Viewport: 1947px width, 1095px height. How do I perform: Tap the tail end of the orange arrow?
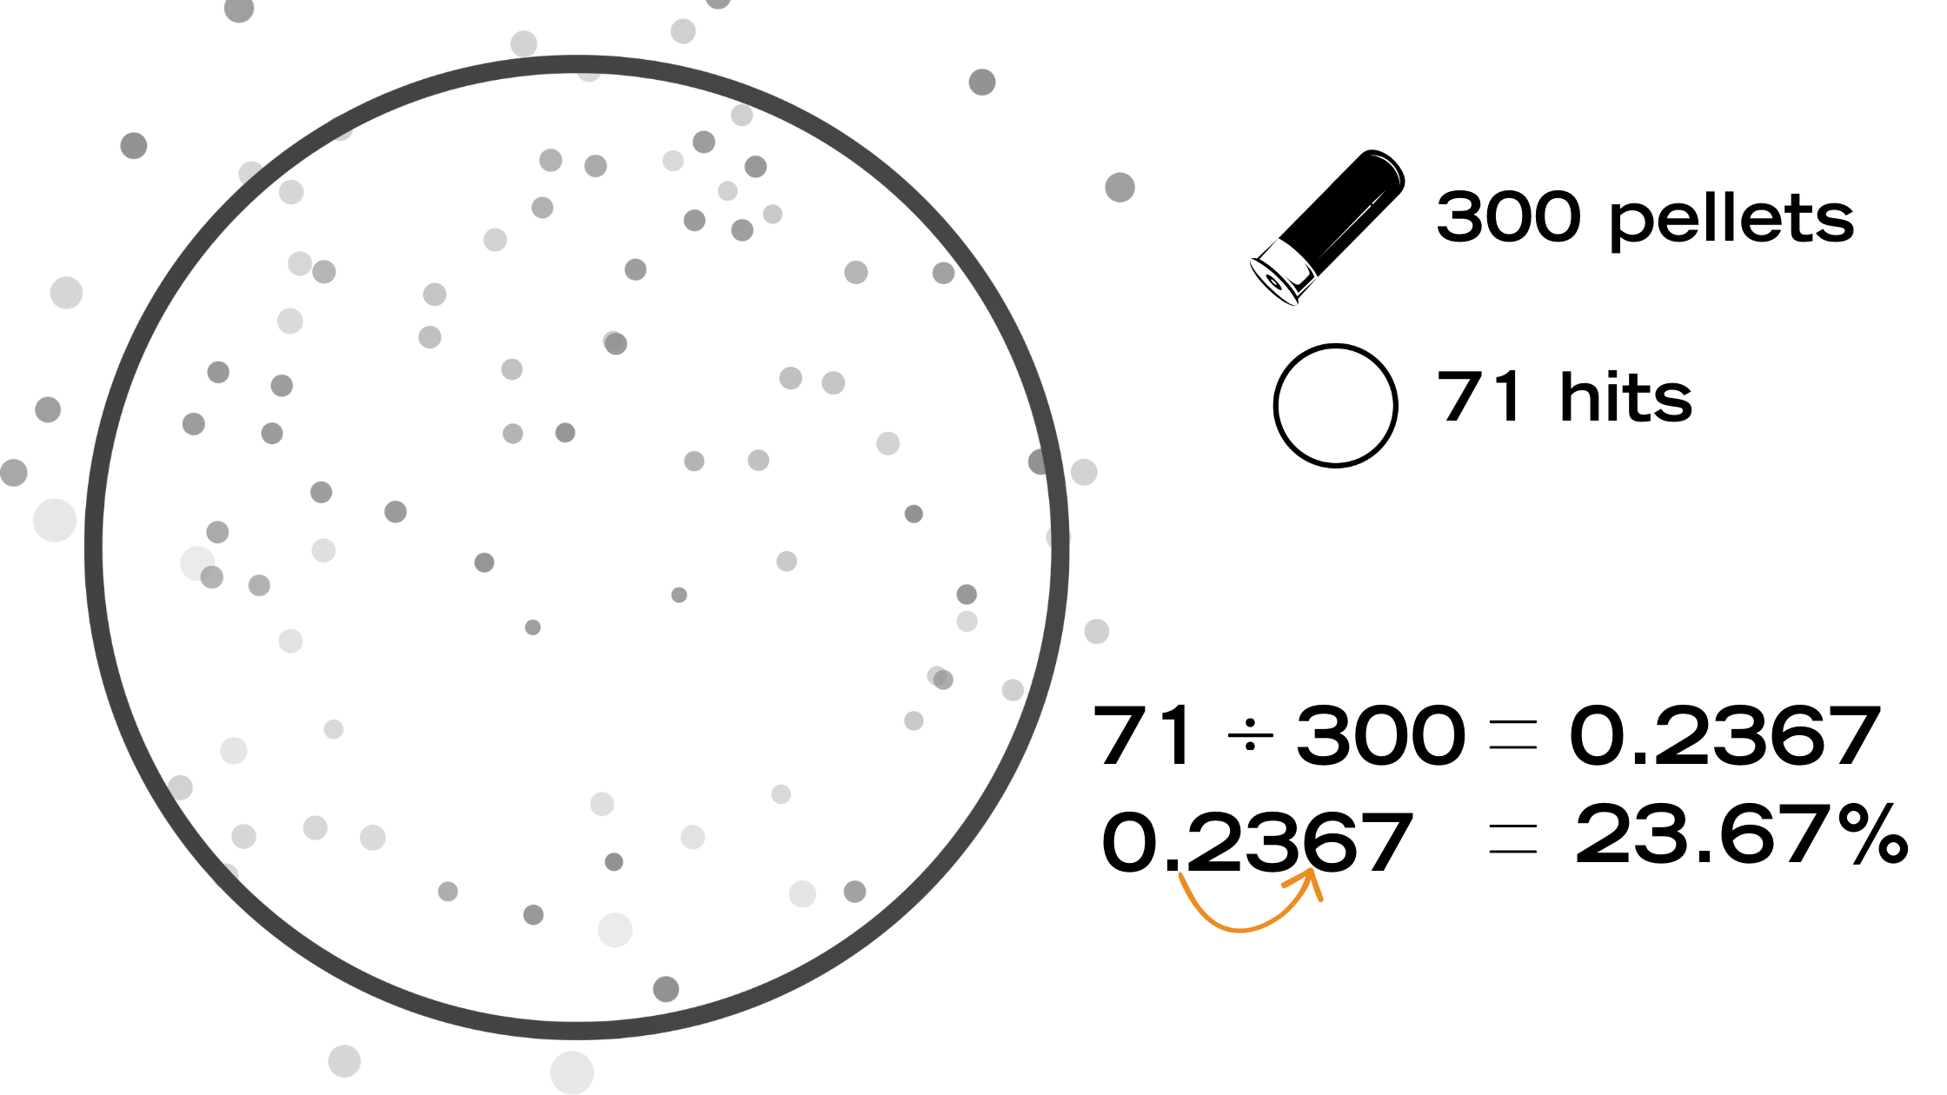1180,874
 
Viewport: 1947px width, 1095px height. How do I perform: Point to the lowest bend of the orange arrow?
1241,931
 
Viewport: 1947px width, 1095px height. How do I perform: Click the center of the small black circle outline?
1336,406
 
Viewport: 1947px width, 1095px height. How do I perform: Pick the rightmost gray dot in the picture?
1120,187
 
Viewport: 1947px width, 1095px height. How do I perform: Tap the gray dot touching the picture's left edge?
13,473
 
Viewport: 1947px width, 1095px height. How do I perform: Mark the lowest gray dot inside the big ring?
666,988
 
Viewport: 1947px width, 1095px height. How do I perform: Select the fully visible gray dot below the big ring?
344,1061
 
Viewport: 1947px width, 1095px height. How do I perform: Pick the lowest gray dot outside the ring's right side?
1097,631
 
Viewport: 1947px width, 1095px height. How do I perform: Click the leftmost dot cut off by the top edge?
239,9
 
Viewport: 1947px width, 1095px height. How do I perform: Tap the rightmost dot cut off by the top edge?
718,3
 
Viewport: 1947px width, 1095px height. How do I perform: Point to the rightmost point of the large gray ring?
1060,539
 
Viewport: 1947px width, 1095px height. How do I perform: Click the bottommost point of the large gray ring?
574,1031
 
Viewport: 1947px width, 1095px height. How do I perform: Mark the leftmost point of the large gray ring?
94,547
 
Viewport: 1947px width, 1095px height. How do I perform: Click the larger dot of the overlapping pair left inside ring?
197,562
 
